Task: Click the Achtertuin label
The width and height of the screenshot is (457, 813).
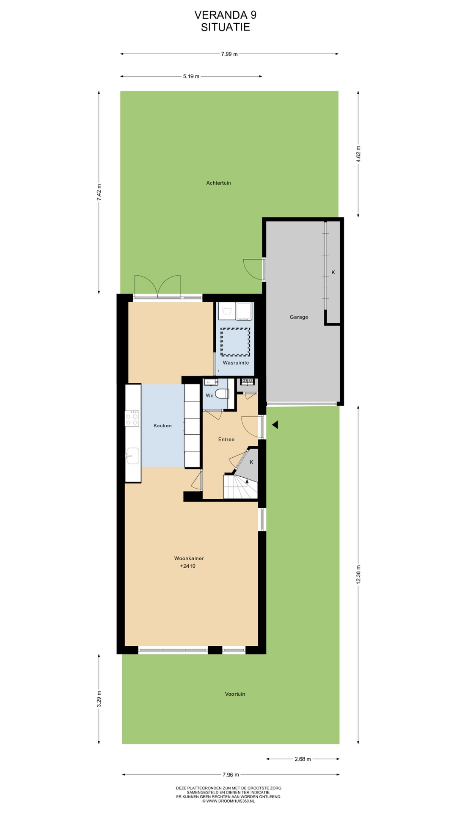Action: [x=218, y=183]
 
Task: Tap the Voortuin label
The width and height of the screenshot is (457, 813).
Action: [x=235, y=694]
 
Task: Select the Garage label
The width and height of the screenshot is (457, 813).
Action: [x=299, y=317]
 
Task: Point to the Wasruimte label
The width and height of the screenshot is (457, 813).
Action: [x=236, y=363]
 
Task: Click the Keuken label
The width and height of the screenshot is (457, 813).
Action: [x=162, y=426]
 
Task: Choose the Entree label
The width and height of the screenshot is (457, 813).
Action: [x=226, y=440]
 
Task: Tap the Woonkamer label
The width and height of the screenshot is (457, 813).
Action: [x=189, y=559]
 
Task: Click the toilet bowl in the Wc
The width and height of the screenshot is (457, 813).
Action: [x=222, y=394]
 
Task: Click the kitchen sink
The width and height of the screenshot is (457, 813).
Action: [x=132, y=456]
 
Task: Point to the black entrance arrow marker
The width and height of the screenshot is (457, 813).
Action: [x=275, y=425]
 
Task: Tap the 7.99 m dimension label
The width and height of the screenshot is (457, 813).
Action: [x=229, y=54]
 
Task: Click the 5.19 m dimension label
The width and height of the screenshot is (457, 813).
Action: [x=191, y=76]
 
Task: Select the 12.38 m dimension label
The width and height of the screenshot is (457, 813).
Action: [x=358, y=575]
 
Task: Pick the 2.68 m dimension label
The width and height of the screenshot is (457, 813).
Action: [x=303, y=759]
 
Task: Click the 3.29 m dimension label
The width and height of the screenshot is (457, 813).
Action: [x=99, y=699]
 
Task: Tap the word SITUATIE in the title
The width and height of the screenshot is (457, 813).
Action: [x=226, y=27]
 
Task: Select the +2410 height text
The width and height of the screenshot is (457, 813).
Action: [x=188, y=566]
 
